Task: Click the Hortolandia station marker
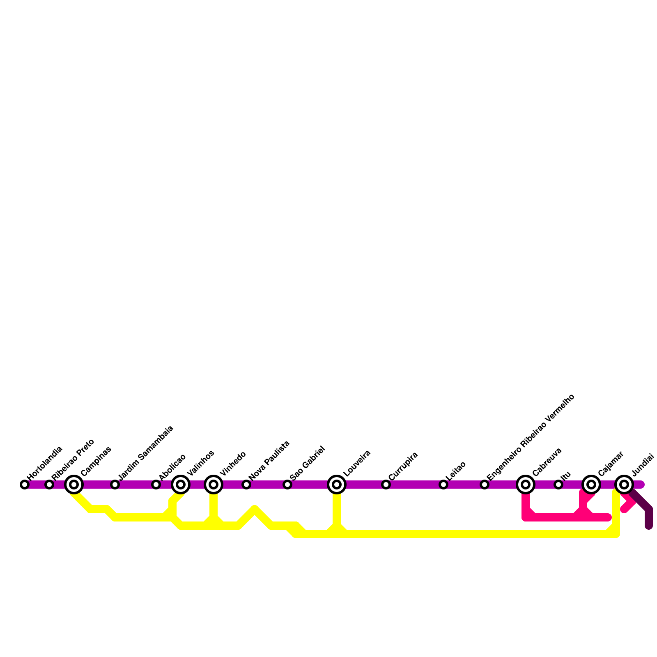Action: pyautogui.click(x=25, y=485)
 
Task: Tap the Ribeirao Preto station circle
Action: pyautogui.click(x=49, y=485)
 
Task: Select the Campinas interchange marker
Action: pyautogui.click(x=74, y=485)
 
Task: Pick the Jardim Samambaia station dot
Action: pyautogui.click(x=115, y=485)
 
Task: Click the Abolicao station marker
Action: pyautogui.click(x=156, y=485)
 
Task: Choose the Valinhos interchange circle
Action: pyautogui.click(x=181, y=485)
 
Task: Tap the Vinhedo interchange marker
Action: pyautogui.click(x=214, y=485)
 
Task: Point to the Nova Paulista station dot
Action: pyautogui.click(x=246, y=485)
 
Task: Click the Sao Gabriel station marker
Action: pyautogui.click(x=287, y=485)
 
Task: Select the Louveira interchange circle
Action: pyautogui.click(x=337, y=485)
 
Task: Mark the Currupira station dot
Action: pyautogui.click(x=386, y=485)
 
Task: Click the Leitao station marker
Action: pyautogui.click(x=443, y=485)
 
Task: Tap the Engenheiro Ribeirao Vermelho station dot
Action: pyautogui.click(x=485, y=485)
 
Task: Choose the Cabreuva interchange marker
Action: pyautogui.click(x=526, y=485)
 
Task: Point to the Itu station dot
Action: pyautogui.click(x=558, y=485)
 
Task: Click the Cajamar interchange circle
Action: pyautogui.click(x=591, y=485)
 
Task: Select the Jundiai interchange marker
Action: pyautogui.click(x=624, y=485)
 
